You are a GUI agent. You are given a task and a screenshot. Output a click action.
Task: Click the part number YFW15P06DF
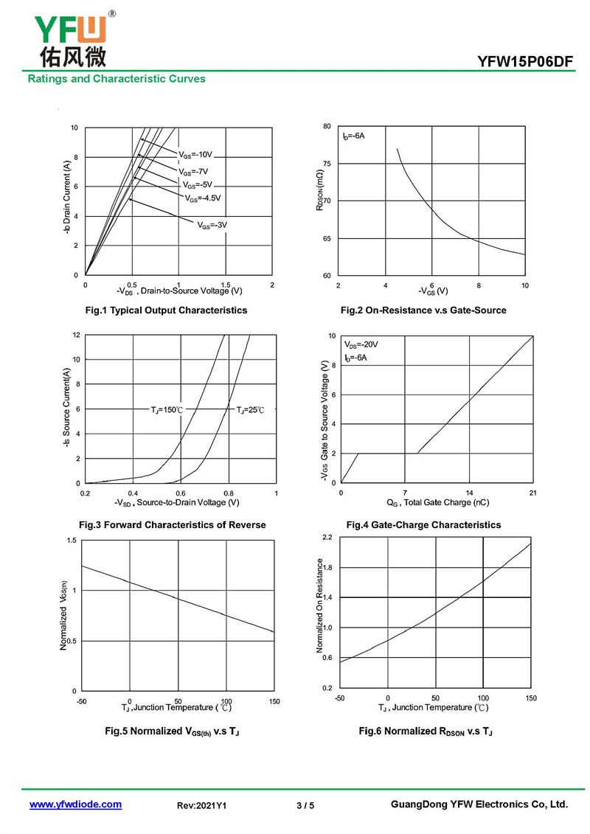(524, 63)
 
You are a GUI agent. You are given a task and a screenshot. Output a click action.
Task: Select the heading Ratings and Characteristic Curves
(117, 78)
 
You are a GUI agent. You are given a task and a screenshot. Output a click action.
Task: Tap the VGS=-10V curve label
(195, 155)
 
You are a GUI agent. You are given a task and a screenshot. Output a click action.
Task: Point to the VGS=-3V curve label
(212, 224)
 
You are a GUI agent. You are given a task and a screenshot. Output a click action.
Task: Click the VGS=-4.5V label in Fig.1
(204, 198)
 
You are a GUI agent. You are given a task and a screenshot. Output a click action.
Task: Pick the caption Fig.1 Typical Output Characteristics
(166, 310)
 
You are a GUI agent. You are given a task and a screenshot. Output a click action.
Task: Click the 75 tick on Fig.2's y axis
(327, 164)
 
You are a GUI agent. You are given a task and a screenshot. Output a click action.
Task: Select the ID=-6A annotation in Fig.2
(353, 136)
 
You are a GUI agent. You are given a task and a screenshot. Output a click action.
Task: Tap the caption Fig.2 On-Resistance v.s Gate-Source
(423, 310)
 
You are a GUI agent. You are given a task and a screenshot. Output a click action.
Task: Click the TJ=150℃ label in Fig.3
(167, 410)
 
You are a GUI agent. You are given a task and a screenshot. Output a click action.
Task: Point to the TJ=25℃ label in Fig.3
(250, 410)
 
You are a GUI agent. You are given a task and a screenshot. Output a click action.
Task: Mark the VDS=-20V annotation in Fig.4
(361, 344)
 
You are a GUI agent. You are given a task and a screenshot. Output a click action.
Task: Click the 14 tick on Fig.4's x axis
(469, 492)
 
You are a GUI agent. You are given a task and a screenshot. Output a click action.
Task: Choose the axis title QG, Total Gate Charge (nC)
(437, 503)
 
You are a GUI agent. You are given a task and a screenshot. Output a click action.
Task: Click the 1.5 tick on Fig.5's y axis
(72, 541)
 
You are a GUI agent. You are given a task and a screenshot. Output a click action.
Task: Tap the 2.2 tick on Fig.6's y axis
(327, 538)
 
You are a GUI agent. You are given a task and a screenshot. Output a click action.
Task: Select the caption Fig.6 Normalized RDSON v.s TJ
(426, 731)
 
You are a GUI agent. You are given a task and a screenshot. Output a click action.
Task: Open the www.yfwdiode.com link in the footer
(75, 805)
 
